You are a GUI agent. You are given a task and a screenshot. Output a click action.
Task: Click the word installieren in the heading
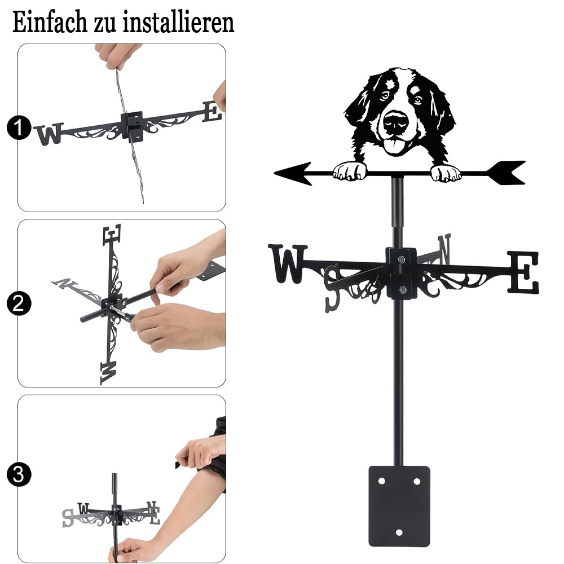(x=179, y=23)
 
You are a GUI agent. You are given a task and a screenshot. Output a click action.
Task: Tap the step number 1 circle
(x=19, y=127)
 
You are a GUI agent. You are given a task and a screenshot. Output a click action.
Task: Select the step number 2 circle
(x=19, y=303)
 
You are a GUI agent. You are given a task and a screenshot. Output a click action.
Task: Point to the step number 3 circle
(x=19, y=474)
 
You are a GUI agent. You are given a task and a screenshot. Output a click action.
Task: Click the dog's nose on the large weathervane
(x=396, y=122)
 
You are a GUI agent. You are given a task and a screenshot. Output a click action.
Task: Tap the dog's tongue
(x=394, y=147)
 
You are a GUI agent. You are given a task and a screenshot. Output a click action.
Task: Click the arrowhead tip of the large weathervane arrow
(x=275, y=174)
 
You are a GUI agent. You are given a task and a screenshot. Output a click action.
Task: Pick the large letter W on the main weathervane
(x=288, y=263)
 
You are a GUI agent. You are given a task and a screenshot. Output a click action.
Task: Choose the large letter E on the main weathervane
(x=523, y=272)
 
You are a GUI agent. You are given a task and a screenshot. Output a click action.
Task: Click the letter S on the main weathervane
(x=332, y=288)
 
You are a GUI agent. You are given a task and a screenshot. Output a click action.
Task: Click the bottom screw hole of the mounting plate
(x=399, y=532)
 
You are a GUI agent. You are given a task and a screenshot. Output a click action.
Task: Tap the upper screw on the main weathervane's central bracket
(x=402, y=259)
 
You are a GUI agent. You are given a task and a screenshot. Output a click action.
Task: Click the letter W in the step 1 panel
(x=50, y=134)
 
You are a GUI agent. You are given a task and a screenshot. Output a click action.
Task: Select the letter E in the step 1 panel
(x=212, y=112)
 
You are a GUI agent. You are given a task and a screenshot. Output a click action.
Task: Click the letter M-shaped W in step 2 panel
(x=108, y=373)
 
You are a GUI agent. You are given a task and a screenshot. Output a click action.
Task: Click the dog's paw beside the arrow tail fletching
(x=446, y=173)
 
